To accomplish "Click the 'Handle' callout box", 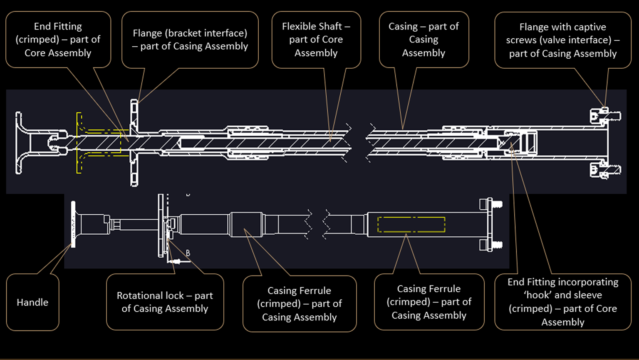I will pyautogui.click(x=32, y=302).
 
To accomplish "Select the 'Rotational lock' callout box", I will pyautogui.click(x=165, y=302).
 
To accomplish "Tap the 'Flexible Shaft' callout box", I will pyautogui.click(x=316, y=40).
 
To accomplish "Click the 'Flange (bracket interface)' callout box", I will pyautogui.click(x=190, y=40).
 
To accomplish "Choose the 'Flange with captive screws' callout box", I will pyautogui.click(x=562, y=40).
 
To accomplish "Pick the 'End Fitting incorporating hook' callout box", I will pyautogui.click(x=562, y=302).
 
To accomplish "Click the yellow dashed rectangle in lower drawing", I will pyautogui.click(x=411, y=224).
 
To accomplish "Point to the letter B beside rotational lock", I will pyautogui.click(x=188, y=253).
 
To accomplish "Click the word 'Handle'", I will pyautogui.click(x=32, y=302).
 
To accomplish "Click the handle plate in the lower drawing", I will pyautogui.click(x=73, y=224).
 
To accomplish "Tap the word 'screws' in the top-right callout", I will pyautogui.click(x=520, y=40).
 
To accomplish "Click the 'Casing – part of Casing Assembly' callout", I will pyautogui.click(x=424, y=40).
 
